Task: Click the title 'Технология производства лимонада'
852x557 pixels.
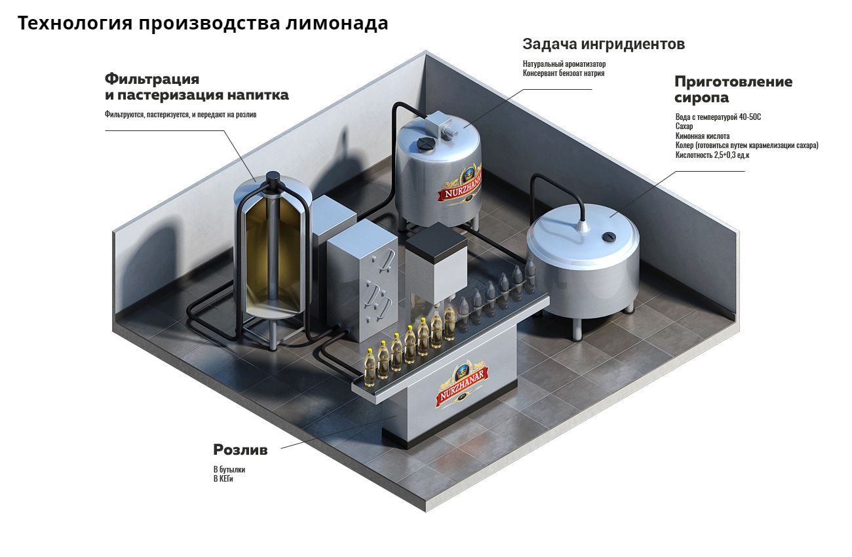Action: tap(203, 23)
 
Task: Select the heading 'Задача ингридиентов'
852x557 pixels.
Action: tap(604, 44)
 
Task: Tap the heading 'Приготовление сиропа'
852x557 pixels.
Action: tap(733, 90)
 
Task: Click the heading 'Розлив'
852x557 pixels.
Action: tap(240, 450)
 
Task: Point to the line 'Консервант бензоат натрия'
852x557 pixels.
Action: tap(564, 73)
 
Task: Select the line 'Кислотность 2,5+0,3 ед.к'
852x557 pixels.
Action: tap(712, 155)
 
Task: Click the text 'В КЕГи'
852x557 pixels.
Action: tap(223, 479)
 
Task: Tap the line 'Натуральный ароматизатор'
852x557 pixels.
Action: tap(564, 64)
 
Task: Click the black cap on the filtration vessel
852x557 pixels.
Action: tap(273, 177)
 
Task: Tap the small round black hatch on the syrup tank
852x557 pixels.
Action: tap(610, 237)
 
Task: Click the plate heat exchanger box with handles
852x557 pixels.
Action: tap(362, 282)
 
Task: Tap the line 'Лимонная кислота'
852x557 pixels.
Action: tap(702, 136)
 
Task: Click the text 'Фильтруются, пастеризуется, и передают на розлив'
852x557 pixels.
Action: tap(180, 114)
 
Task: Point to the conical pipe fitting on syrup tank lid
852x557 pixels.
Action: tap(583, 225)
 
